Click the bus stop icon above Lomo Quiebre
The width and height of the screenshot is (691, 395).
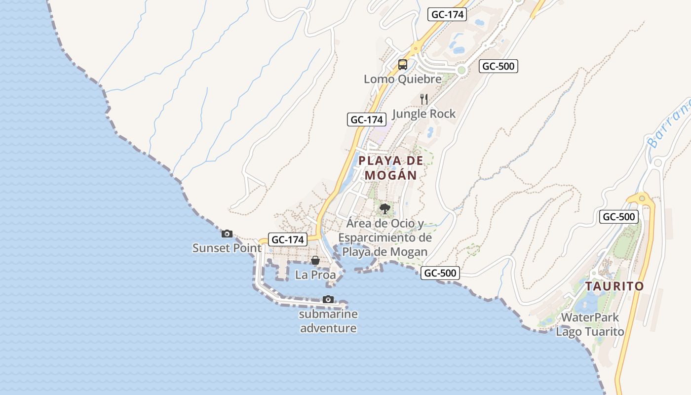click(403, 64)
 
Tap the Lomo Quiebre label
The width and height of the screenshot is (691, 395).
click(403, 79)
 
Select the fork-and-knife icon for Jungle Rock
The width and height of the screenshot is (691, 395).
click(423, 99)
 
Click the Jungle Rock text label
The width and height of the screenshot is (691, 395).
click(424, 114)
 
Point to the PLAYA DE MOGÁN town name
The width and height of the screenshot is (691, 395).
click(391, 168)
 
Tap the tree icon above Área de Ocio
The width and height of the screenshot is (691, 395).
click(385, 209)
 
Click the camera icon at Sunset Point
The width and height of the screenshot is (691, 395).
click(227, 234)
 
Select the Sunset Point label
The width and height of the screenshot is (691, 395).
click(227, 248)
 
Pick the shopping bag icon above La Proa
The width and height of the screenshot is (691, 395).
click(315, 260)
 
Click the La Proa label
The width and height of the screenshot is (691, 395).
click(315, 275)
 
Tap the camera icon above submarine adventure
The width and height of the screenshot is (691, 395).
click(328, 299)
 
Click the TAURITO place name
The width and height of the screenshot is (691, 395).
click(614, 286)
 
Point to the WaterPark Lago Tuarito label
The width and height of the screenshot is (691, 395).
click(590, 324)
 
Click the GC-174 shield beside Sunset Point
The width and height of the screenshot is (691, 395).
click(288, 239)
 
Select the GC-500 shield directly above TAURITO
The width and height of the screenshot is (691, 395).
click(619, 216)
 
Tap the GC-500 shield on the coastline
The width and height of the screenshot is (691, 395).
click(440, 273)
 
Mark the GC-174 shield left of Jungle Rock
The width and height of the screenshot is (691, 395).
click(366, 119)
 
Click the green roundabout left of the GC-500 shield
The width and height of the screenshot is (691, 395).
click(461, 70)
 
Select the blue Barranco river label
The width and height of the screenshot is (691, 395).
click(669, 123)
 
